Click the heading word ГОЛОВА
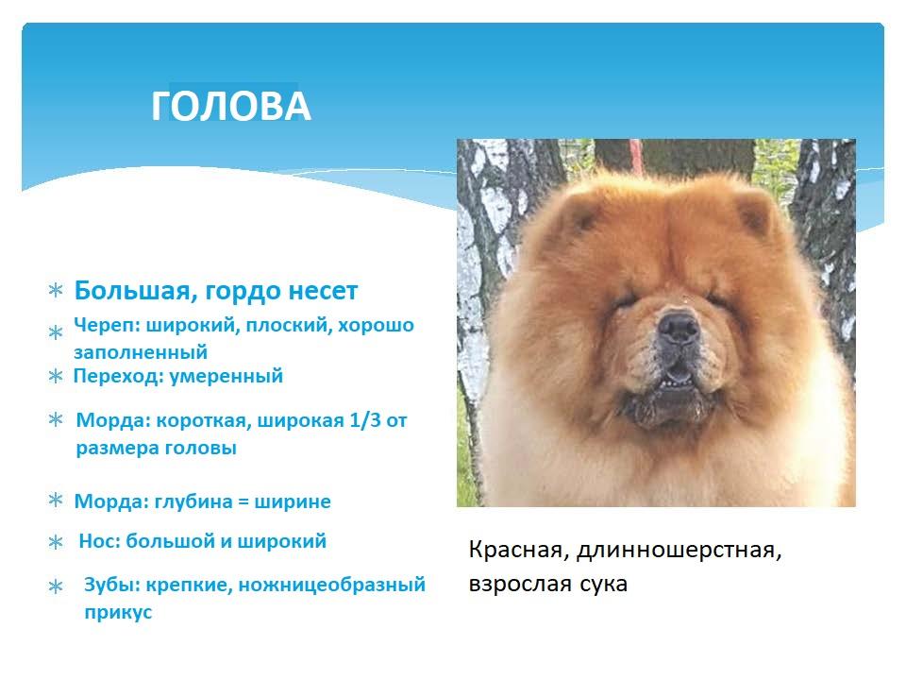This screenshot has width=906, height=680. point(230,106)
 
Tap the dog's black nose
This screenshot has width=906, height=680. point(679,329)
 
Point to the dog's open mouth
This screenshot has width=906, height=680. point(678,378)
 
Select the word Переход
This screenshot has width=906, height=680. point(119,376)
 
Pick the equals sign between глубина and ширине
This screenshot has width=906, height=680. point(243,501)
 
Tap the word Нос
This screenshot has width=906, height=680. point(99,541)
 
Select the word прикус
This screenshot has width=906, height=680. point(118,612)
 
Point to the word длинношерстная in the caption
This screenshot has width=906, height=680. point(679,550)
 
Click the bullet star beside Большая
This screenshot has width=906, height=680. point(56,290)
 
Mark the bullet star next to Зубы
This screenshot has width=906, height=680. point(56,587)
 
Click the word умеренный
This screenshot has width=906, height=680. point(226,377)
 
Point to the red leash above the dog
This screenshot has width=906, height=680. point(636,156)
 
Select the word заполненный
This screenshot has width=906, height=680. point(141,352)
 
